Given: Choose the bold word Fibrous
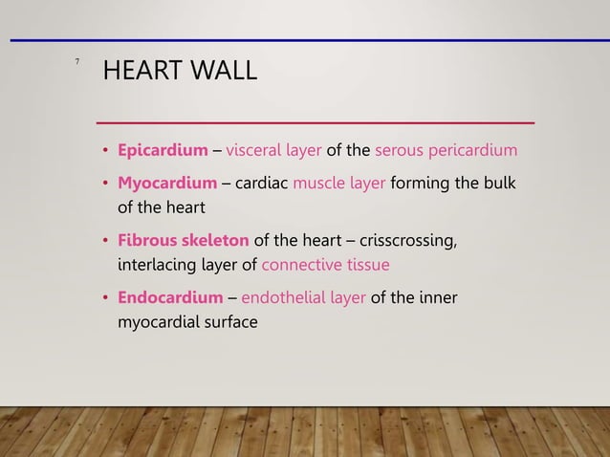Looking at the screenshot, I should [x=146, y=240].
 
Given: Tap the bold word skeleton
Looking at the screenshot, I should [x=215, y=240].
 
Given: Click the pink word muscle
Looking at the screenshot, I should [x=319, y=184].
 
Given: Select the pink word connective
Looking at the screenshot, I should [x=303, y=264].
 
